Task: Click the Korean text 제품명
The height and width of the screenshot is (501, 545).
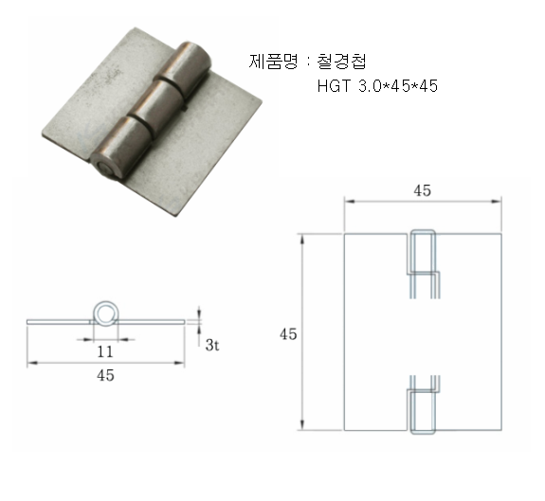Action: pyautogui.click(x=273, y=62)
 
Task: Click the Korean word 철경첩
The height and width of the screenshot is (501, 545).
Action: pyautogui.click(x=341, y=62)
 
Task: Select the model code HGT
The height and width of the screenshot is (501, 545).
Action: pyautogui.click(x=334, y=86)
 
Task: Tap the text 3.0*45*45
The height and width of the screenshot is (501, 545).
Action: pyautogui.click(x=398, y=86)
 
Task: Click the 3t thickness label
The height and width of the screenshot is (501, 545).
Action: pyautogui.click(x=212, y=345)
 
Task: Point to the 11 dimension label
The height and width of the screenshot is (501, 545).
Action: pyautogui.click(x=105, y=351)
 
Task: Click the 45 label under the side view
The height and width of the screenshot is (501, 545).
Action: pyautogui.click(x=105, y=375)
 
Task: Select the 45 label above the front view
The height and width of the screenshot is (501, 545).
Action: pyautogui.click(x=423, y=190)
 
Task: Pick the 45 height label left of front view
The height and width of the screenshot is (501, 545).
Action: pyautogui.click(x=288, y=334)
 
